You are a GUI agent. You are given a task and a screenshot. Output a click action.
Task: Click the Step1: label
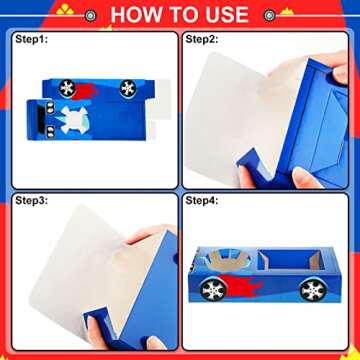[x=32, y=39]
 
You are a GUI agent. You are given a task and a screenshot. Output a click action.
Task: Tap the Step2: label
[x=202, y=39]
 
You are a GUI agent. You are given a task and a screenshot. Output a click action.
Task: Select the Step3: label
[x=32, y=201]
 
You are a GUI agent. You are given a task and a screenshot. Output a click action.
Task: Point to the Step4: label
[x=202, y=201]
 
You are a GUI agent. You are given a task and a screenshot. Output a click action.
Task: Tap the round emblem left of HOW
[x=90, y=15]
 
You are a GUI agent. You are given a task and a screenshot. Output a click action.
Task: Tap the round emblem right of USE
[x=269, y=15]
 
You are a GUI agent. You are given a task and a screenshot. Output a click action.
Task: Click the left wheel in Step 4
[x=213, y=289]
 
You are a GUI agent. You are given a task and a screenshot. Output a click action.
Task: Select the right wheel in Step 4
[x=313, y=289]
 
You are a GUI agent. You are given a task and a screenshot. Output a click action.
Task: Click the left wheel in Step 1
[x=67, y=88]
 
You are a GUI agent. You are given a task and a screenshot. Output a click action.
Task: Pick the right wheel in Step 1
[x=128, y=88]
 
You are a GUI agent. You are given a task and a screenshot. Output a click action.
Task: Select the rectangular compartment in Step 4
[x=291, y=260]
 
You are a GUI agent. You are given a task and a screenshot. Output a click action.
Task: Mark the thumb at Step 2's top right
[x=340, y=73]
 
